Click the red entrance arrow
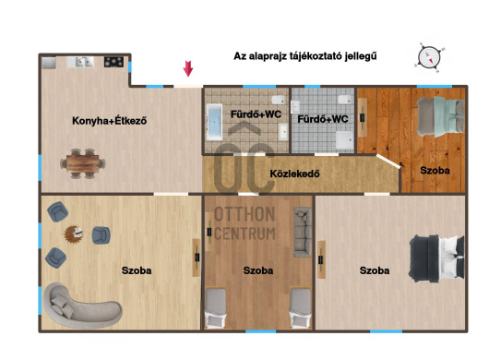pyautogui.click(x=188, y=68)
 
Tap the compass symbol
pyautogui.click(x=429, y=58)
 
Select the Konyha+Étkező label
pyautogui.click(x=110, y=121)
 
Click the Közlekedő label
pyautogui.click(x=294, y=174)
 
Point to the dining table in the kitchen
pyautogui.click(x=83, y=163)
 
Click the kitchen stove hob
pyautogui.click(x=113, y=62)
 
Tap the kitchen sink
pyautogui.click(x=80, y=62)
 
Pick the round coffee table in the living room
pyautogui.click(x=74, y=234)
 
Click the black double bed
pyautogui.click(x=436, y=258)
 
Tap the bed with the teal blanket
pyautogui.click(x=440, y=117)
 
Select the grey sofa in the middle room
pyautogui.click(x=303, y=232)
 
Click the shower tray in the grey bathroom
pyautogui.click(x=345, y=140)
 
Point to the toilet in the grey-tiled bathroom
pyautogui.click(x=346, y=100)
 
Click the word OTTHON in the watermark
pyautogui.click(x=244, y=214)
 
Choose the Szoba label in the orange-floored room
pyautogui.click(x=435, y=171)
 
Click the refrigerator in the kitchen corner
pyautogui.click(x=49, y=62)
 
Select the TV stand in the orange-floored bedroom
pyautogui.click(x=362, y=117)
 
